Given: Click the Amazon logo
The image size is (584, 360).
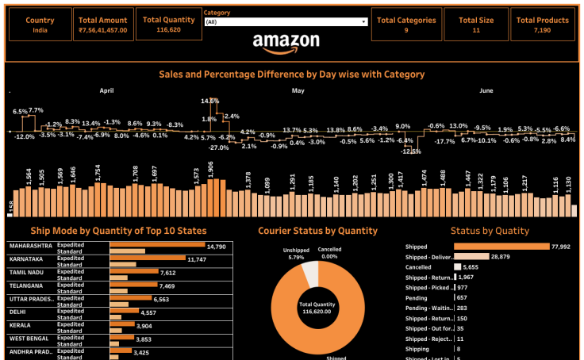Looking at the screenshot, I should point(286,43).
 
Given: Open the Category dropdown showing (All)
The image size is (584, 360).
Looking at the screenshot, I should point(286,22).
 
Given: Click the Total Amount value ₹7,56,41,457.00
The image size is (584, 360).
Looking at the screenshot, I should point(103,29).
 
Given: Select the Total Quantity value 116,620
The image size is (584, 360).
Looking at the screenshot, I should point(168,29).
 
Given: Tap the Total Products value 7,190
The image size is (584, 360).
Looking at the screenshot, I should point(542,29).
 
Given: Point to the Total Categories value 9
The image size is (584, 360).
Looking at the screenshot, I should point(405,29).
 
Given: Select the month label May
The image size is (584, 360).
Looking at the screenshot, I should point(298,90).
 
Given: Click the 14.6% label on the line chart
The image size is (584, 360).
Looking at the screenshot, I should point(209,101).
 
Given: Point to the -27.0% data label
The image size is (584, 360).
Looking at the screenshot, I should point(218,147).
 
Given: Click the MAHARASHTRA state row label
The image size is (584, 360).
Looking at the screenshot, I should point(31,247).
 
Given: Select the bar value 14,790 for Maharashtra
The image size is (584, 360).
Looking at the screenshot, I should point(194,247).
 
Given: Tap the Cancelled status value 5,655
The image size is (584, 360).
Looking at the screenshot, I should point(471,267).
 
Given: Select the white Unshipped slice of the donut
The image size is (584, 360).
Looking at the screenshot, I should point(310,274).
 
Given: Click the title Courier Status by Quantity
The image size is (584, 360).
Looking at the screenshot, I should point(317,231).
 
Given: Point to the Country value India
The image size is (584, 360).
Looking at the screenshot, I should point(40,29).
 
